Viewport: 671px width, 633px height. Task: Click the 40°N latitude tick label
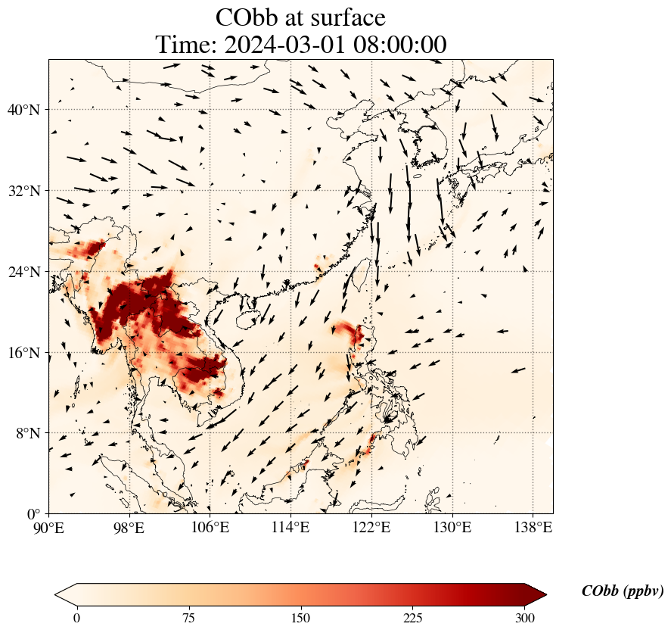[23, 110]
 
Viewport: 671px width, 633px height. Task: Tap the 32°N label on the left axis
[23, 191]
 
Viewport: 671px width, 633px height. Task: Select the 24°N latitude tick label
[23, 272]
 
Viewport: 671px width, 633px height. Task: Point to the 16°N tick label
[23, 353]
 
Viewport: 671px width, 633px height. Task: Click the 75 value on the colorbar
[189, 618]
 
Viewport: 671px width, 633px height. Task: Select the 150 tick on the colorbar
[301, 618]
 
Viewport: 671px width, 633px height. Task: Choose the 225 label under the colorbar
[413, 618]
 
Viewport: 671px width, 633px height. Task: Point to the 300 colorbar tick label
[525, 618]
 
